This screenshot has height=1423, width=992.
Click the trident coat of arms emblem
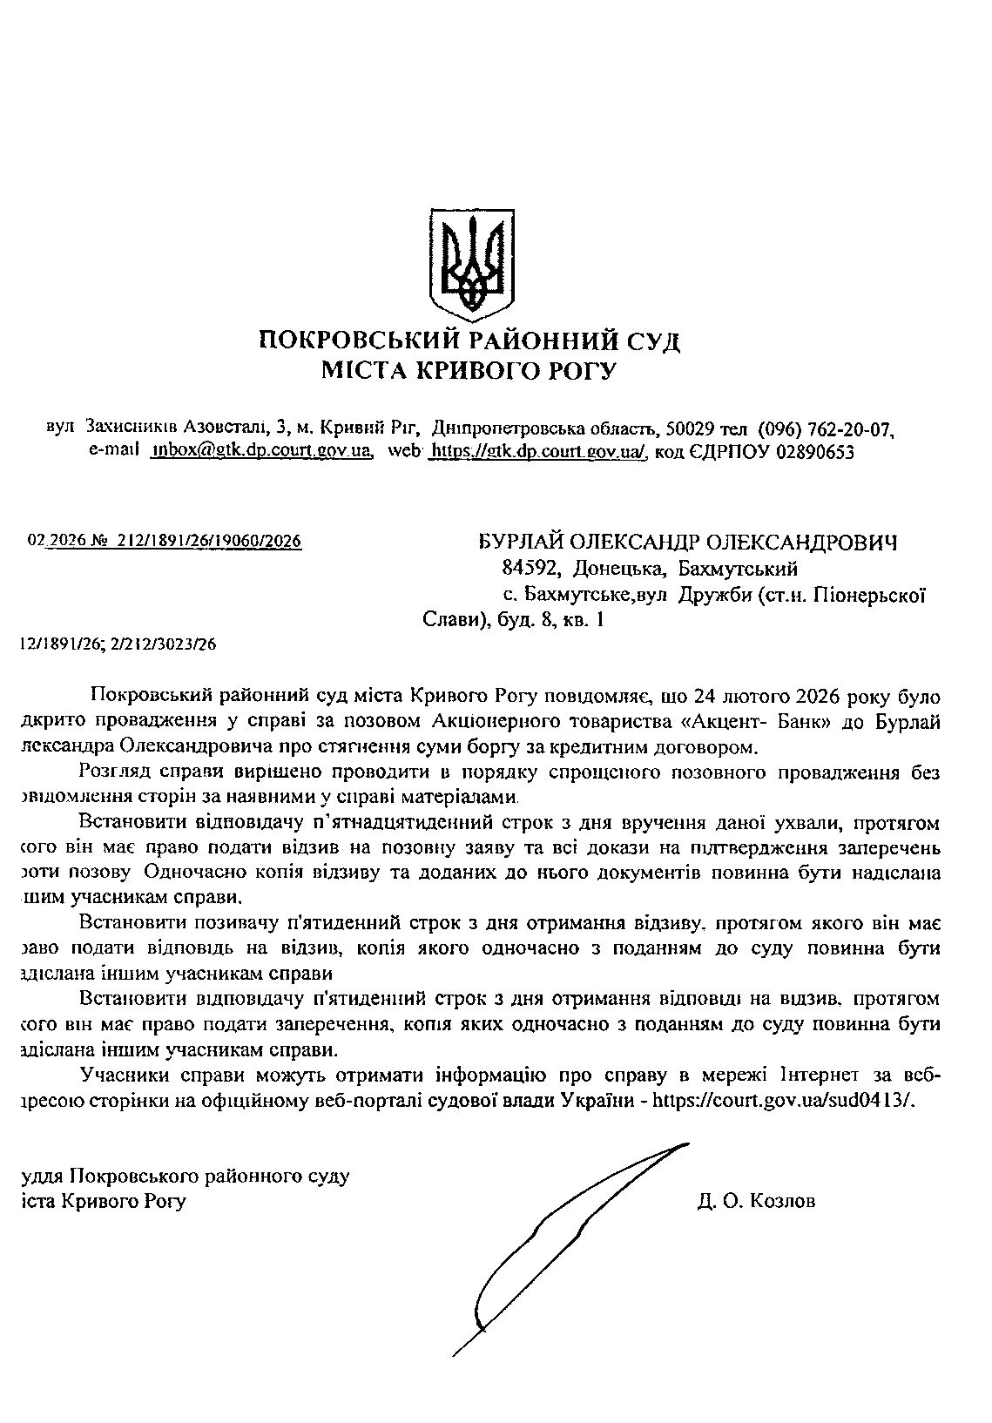click(x=472, y=260)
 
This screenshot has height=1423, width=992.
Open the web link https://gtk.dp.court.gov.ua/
click(x=539, y=451)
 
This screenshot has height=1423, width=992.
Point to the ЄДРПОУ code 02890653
click(x=811, y=451)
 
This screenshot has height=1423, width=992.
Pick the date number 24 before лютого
click(x=704, y=697)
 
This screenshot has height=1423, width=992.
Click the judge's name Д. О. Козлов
click(x=756, y=1202)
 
